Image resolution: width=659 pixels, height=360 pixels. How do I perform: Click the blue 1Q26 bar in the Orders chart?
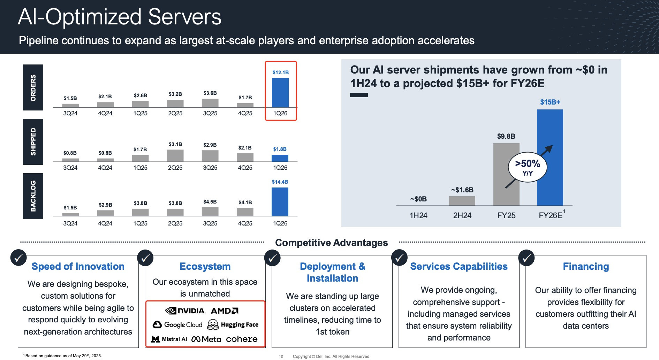pyautogui.click(x=280, y=93)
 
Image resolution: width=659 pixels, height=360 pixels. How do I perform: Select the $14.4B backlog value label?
pyautogui.click(x=280, y=182)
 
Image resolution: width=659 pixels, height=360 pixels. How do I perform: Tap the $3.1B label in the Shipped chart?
pyautogui.click(x=175, y=144)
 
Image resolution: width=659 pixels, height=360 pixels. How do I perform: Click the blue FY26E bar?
pyautogui.click(x=550, y=158)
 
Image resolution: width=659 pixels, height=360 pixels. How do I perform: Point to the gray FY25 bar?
pyautogui.click(x=506, y=174)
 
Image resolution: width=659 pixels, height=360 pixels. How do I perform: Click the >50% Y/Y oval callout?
pyautogui.click(x=528, y=167)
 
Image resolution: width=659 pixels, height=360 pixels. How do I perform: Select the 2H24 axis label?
pyautogui.click(x=462, y=215)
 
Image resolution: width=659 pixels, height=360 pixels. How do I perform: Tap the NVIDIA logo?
pyautogui.click(x=185, y=311)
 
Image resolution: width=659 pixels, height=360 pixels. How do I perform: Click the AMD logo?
pyautogui.click(x=225, y=311)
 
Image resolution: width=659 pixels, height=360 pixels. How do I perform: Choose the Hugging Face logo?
pyautogui.click(x=233, y=325)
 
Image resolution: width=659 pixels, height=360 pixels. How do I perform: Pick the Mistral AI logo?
pyautogui.click(x=169, y=339)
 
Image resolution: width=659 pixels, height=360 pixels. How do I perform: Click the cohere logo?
pyautogui.click(x=242, y=339)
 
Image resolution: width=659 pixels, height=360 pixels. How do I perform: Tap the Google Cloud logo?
pyautogui.click(x=177, y=325)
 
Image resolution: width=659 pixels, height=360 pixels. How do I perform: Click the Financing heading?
pyautogui.click(x=586, y=266)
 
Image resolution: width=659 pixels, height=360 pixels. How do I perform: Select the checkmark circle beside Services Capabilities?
pyautogui.click(x=400, y=258)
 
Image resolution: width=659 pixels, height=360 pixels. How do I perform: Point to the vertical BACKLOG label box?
pyautogui.click(x=33, y=196)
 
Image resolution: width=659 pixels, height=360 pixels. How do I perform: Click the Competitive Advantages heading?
pyautogui.click(x=332, y=243)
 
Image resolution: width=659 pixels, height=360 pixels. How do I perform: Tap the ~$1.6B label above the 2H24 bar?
pyautogui.click(x=462, y=190)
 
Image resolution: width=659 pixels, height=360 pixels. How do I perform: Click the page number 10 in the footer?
pyautogui.click(x=281, y=357)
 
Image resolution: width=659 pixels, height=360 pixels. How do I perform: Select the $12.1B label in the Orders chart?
pyautogui.click(x=281, y=72)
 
